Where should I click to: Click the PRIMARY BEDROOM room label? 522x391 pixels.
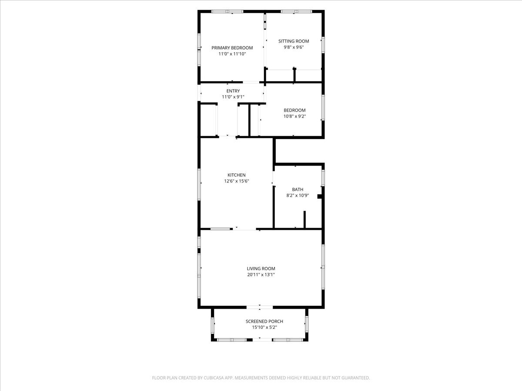[232, 48]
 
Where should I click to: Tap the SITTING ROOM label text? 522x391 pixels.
[294, 41]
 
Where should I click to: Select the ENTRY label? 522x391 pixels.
[233, 91]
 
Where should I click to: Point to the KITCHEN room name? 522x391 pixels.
[236, 175]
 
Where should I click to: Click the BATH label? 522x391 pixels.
[298, 189]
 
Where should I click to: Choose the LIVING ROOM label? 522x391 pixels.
[261, 268]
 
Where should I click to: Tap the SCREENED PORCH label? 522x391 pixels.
[264, 321]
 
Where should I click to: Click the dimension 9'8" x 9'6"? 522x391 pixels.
[294, 47]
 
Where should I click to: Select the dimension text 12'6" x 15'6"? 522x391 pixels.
[236, 181]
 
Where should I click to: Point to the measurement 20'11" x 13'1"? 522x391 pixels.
[261, 275]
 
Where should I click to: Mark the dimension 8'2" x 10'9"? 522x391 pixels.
[298, 195]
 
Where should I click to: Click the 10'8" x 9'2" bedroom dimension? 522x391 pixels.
[294, 116]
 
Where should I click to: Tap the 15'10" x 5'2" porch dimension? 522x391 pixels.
[264, 328]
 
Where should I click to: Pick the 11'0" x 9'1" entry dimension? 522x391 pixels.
[233, 97]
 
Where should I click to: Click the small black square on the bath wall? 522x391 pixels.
[320, 196]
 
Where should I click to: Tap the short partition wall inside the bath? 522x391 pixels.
[304, 219]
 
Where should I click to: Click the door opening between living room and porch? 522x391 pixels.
[259, 307]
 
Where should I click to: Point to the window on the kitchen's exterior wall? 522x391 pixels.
[199, 184]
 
